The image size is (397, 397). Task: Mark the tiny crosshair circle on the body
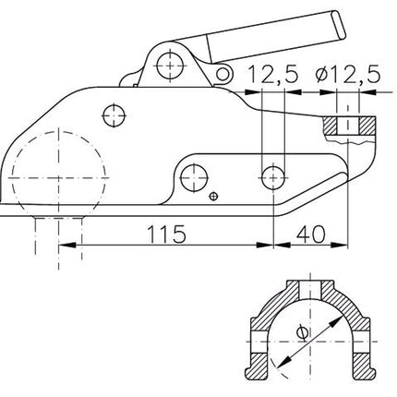coord(214,195)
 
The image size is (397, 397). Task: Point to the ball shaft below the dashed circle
coord(59,231)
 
